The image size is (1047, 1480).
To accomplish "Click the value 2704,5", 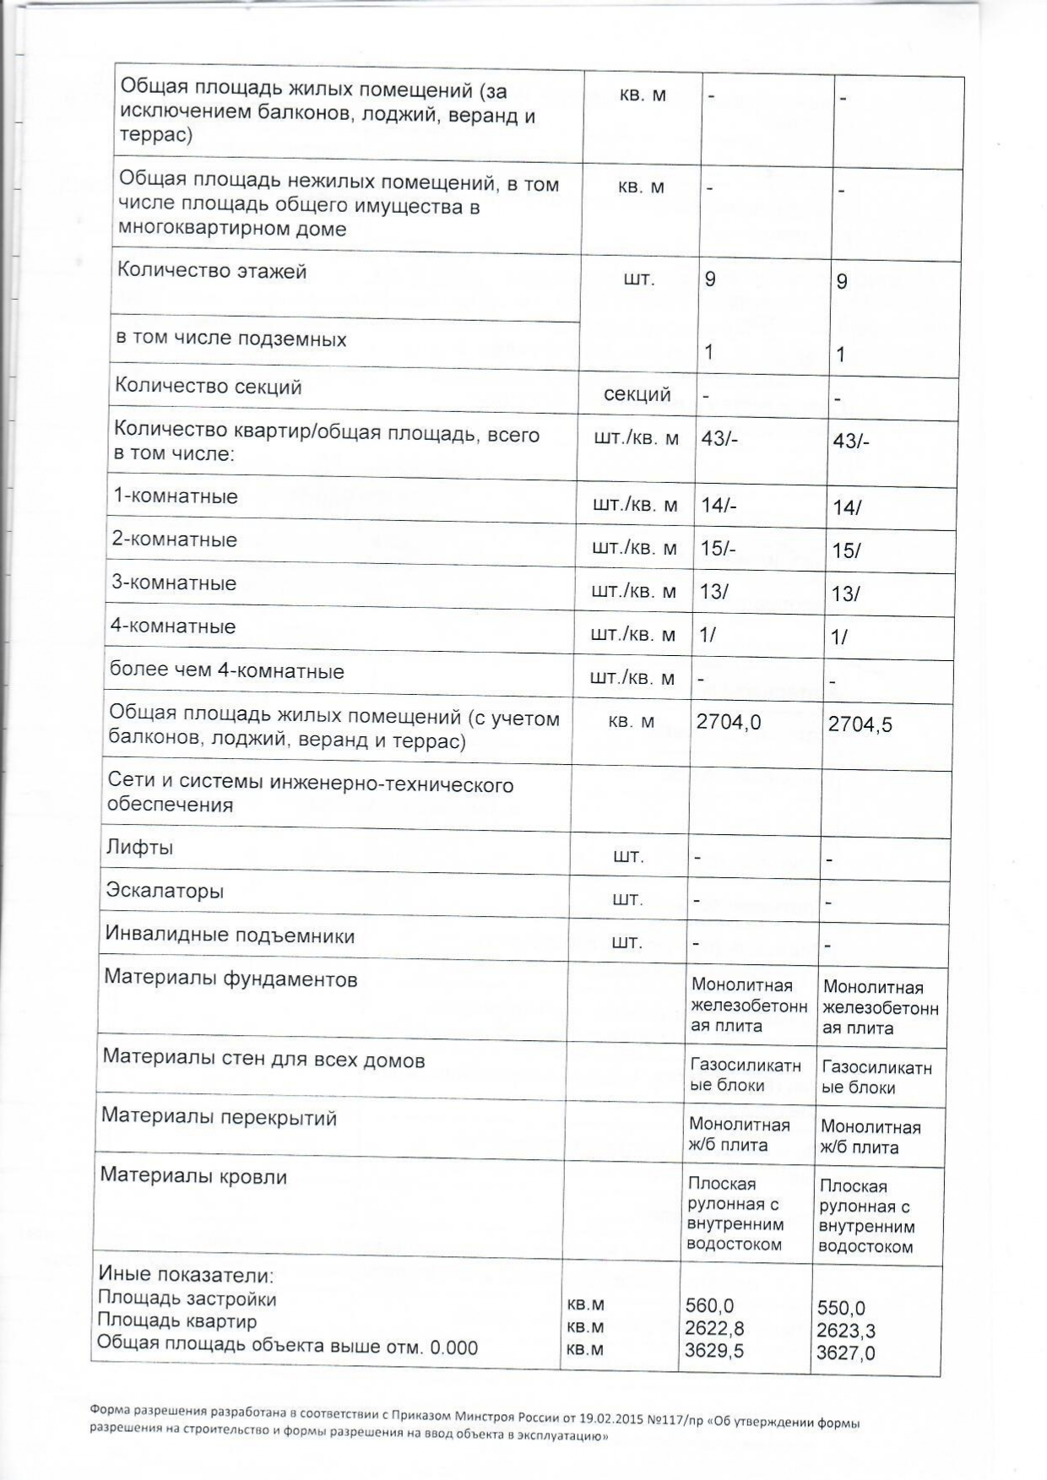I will (x=860, y=724).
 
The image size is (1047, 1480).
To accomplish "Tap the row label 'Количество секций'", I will (x=209, y=387).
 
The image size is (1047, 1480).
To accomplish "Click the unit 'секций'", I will (x=637, y=393).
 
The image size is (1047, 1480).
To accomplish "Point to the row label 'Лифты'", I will (x=139, y=847).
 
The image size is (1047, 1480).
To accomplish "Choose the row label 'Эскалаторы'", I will (x=165, y=891).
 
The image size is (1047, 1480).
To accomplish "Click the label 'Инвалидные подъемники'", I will (x=230, y=935).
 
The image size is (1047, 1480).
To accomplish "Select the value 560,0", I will (x=710, y=1306).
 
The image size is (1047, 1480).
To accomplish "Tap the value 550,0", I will (x=841, y=1308).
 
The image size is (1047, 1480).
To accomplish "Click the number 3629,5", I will (x=714, y=1350).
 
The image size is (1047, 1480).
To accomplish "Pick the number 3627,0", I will (x=846, y=1353).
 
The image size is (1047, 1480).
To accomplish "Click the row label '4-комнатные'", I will (x=173, y=626).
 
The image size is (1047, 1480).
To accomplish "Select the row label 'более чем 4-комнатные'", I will (x=227, y=671).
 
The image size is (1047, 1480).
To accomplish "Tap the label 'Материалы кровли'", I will (x=193, y=1176).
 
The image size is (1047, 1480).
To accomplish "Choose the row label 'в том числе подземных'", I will (x=231, y=339).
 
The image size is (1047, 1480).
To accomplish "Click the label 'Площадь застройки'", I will (x=187, y=1298).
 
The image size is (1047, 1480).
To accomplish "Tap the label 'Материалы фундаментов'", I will (x=231, y=979).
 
